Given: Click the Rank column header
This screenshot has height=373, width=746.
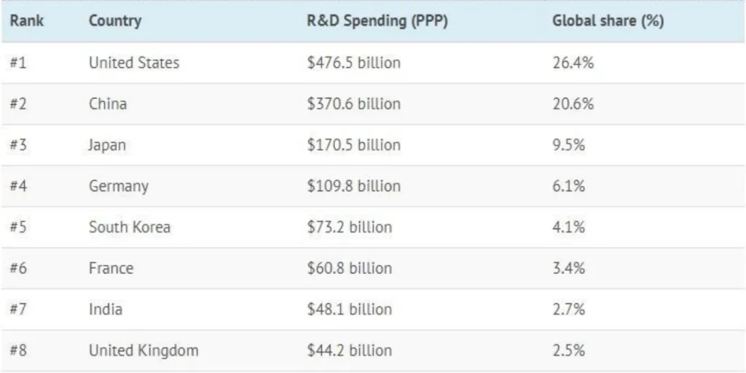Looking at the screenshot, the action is [x=27, y=21].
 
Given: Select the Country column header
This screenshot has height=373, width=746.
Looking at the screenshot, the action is [x=115, y=22].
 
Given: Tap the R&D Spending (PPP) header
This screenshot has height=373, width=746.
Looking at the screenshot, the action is [x=377, y=22].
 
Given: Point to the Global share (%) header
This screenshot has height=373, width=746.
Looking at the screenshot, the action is [x=608, y=22].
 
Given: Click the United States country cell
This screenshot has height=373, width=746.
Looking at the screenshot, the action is [x=134, y=63].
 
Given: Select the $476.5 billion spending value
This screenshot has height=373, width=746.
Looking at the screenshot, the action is [x=354, y=63].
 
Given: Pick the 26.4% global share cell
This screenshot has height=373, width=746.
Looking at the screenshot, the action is [x=573, y=63].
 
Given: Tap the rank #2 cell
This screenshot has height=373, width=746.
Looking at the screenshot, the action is [x=18, y=103].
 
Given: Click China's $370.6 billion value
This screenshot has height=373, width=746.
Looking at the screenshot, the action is [x=354, y=103].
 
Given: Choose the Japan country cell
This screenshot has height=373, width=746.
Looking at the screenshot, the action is [x=107, y=145].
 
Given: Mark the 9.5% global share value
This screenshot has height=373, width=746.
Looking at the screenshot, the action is [x=568, y=145].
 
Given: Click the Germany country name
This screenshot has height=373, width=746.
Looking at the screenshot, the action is [x=119, y=186].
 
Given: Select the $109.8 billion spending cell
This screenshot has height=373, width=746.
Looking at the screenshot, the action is [x=354, y=186].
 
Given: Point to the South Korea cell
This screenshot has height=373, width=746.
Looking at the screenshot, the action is [x=130, y=227].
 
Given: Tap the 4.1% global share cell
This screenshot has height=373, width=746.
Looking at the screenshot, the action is [x=568, y=227].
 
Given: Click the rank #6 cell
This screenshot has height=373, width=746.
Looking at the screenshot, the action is [x=18, y=268].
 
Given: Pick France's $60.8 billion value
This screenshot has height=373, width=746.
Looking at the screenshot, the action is [x=350, y=268].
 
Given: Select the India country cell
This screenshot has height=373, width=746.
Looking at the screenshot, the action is [x=106, y=309].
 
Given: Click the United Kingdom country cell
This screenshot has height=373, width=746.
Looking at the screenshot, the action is [x=144, y=350].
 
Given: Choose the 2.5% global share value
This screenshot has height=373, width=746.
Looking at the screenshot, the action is [x=568, y=350].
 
